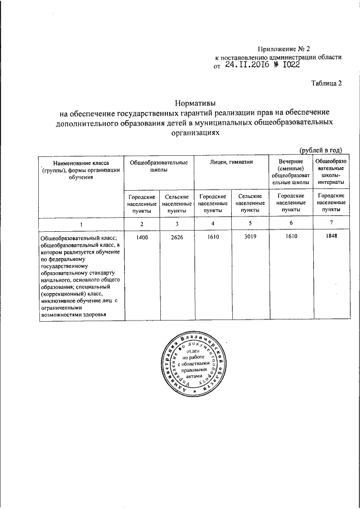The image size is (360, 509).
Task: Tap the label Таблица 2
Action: click(x=327, y=84)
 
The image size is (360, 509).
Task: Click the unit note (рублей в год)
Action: click(x=321, y=150)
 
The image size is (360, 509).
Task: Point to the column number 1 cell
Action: click(x=80, y=225)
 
